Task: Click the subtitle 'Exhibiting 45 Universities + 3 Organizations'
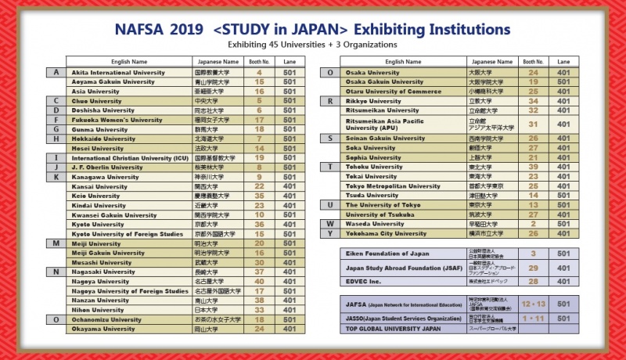(313, 45)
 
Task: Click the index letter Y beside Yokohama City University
(331, 232)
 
